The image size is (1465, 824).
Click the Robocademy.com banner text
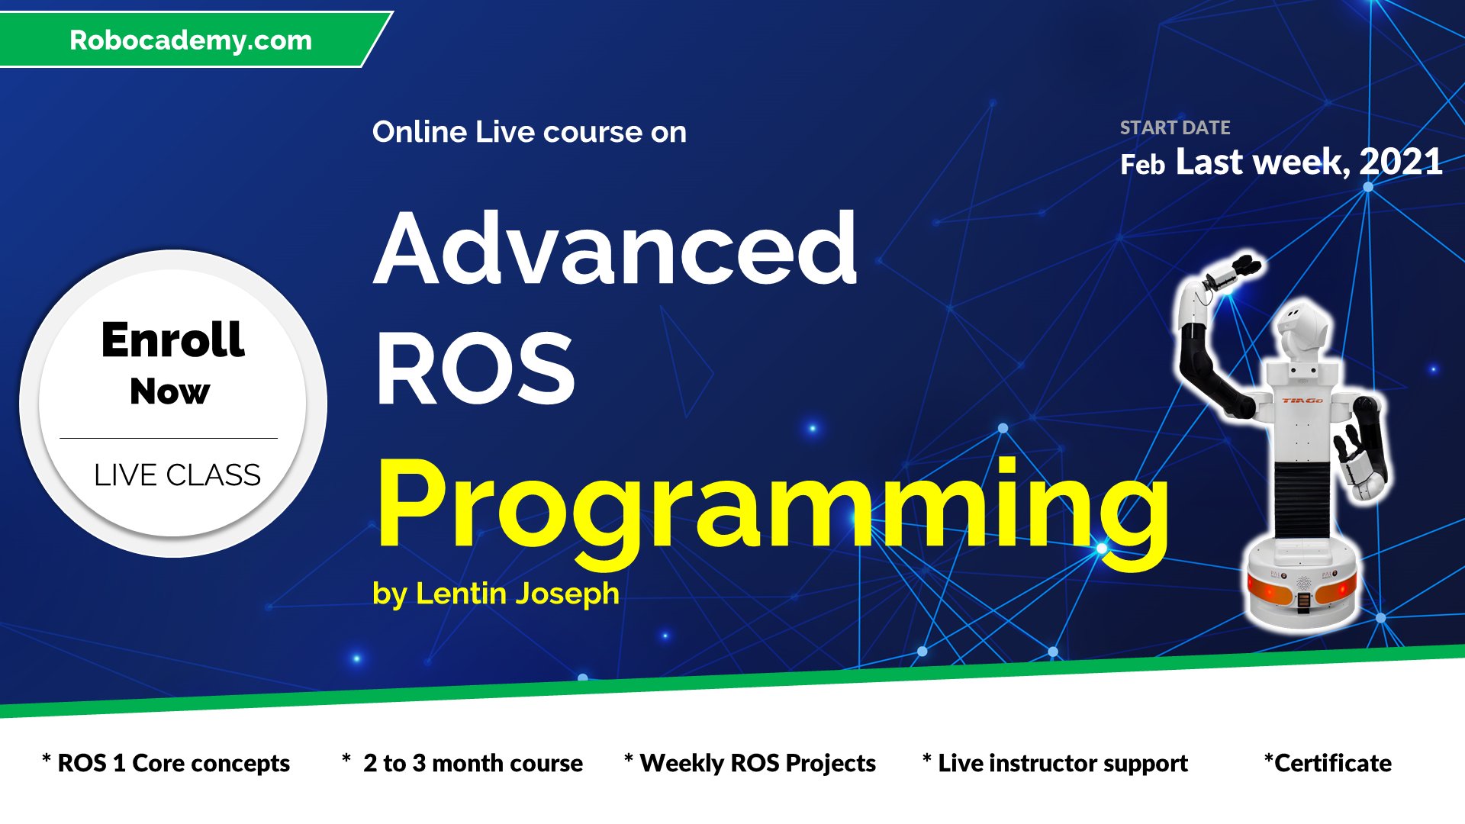pyautogui.click(x=191, y=40)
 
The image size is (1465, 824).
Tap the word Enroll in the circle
pyautogui.click(x=173, y=340)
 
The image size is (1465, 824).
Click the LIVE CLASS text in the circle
pyautogui.click(x=177, y=475)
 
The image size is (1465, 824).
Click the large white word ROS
pyautogui.click(x=475, y=370)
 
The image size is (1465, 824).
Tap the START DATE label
pyautogui.click(x=1175, y=127)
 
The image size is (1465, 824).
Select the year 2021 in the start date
pyautogui.click(x=1401, y=162)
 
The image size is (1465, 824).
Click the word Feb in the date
pyautogui.click(x=1142, y=164)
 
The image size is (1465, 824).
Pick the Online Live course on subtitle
pyautogui.click(x=530, y=132)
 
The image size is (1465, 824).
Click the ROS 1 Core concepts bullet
pyautogui.click(x=166, y=763)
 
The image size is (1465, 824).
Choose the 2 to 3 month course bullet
pyautogui.click(x=462, y=763)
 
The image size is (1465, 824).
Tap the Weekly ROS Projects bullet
pyautogui.click(x=749, y=763)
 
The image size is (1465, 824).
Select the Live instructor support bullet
pyautogui.click(x=1055, y=763)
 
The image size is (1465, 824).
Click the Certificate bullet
pyautogui.click(x=1328, y=763)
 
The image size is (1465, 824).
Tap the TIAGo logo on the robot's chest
pyautogui.click(x=1302, y=400)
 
